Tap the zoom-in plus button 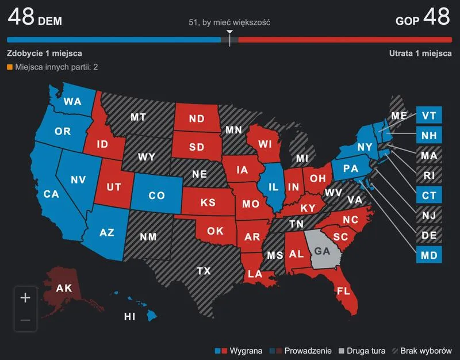coord(25,298)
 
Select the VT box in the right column coord(429,116)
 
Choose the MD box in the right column coord(429,254)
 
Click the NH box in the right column coord(429,136)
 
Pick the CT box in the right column coord(429,195)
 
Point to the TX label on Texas coord(203,270)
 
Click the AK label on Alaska coord(64,287)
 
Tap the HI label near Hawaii coord(131,316)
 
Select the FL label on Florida coord(343,290)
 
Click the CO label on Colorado coord(156,196)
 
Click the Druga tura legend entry coord(363,350)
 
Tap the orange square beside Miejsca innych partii coord(10,67)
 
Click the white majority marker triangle coord(229,32)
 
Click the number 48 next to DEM coord(21,17)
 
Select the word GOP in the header coord(407,21)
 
